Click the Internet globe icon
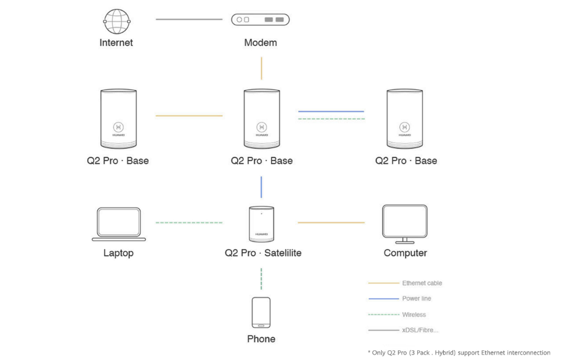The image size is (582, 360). (x=116, y=21)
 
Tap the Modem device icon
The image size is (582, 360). (x=260, y=20)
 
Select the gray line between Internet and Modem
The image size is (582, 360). (x=189, y=19)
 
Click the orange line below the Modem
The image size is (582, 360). (x=262, y=68)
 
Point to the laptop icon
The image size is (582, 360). (x=119, y=224)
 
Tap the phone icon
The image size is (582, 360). (x=261, y=313)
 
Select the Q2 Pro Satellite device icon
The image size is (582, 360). (x=262, y=224)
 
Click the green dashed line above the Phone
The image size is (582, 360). (x=262, y=279)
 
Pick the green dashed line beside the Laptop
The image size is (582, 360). (x=189, y=222)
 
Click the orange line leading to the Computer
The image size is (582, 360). (x=331, y=222)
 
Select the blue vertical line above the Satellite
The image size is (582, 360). (x=262, y=187)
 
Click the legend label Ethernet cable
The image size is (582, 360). (x=422, y=283)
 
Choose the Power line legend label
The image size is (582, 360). (x=417, y=299)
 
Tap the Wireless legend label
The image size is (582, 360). (x=414, y=315)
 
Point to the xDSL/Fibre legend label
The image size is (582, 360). (x=420, y=330)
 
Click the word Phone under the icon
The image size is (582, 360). (x=261, y=339)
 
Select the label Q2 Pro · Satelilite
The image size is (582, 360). (x=263, y=253)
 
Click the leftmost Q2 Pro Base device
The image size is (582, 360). (x=118, y=119)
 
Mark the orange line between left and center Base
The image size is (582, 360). (x=189, y=115)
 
